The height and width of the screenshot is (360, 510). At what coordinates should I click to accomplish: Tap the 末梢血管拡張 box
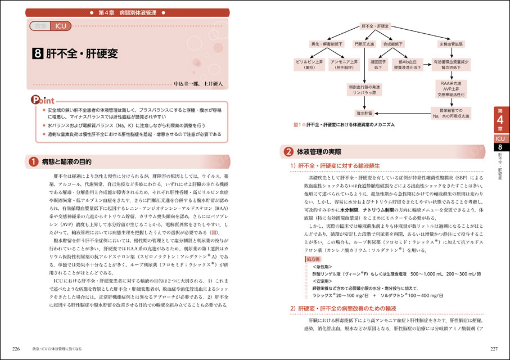coord(448,43)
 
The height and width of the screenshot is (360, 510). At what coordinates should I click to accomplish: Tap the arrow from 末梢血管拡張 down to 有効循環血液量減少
coord(448,52)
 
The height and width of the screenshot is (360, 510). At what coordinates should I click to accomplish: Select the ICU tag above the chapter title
coord(60,26)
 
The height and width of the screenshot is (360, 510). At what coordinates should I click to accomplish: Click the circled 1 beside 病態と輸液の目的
coord(34,161)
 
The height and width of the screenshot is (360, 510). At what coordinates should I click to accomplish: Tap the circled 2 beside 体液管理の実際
coord(287,152)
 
